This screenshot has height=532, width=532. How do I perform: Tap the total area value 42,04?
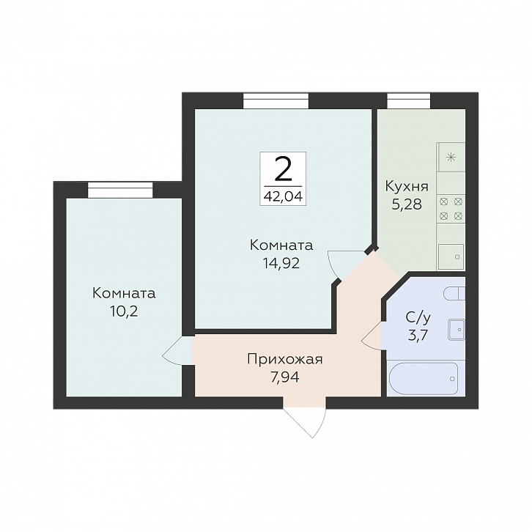pos(283,196)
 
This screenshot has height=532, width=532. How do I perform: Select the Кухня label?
pos(407,187)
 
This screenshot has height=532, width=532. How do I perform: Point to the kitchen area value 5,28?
pos(407,204)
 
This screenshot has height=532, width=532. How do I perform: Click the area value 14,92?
pos(281,263)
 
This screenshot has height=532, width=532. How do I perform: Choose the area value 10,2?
pos(124,311)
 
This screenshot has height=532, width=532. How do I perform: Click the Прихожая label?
pos(284,359)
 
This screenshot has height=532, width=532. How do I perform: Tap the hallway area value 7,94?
pos(284,377)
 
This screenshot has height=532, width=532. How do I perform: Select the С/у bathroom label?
pos(418,318)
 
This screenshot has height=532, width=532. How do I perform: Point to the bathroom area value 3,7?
pos(418,336)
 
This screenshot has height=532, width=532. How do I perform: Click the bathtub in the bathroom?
pos(424,378)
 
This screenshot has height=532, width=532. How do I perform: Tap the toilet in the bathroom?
pos(454,293)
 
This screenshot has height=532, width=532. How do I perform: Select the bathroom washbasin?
pos(457,329)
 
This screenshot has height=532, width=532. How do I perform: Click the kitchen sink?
pos(451,256)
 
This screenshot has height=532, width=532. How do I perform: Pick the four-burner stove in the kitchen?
pos(451,209)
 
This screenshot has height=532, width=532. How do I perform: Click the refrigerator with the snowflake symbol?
pos(451,157)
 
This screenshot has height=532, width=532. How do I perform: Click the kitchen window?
pos(409,101)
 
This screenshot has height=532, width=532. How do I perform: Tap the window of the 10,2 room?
pos(120,190)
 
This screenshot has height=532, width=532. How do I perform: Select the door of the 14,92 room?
pos(346,265)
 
